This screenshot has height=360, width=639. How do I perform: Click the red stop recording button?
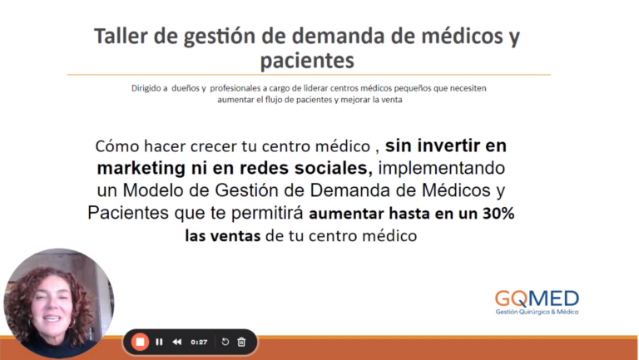(x=140, y=342)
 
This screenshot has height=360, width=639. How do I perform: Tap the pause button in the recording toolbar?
(x=159, y=342)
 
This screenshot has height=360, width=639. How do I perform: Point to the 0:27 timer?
(x=199, y=342)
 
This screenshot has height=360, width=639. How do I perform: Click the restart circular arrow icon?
(x=225, y=342)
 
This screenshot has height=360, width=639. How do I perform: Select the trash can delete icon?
(x=241, y=342)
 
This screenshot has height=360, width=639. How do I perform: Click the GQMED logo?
(x=537, y=303)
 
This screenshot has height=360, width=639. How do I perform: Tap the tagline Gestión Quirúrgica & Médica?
(x=537, y=312)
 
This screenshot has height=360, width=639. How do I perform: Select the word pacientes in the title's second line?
(x=307, y=61)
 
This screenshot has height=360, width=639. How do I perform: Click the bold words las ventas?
(x=222, y=235)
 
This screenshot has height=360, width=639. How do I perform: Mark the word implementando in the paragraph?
(x=442, y=168)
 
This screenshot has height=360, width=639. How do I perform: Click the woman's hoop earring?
(x=72, y=323)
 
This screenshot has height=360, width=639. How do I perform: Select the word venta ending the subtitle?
(x=393, y=100)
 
